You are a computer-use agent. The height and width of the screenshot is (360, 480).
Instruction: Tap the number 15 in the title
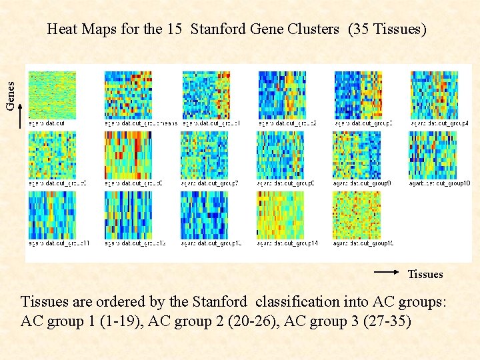click(x=175, y=29)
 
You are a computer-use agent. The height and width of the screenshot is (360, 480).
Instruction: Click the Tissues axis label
click(x=425, y=274)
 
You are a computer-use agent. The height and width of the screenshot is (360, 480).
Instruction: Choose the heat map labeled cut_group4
click(x=434, y=95)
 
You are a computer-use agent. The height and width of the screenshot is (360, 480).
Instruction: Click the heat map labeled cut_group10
click(x=432, y=155)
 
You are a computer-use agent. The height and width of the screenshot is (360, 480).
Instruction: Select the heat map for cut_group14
click(x=280, y=215)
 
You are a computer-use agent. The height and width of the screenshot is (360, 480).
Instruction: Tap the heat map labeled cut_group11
click(x=52, y=215)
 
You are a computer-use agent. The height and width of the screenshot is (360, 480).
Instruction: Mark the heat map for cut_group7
click(x=204, y=155)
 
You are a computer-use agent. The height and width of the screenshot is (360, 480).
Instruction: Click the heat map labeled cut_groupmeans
click(x=127, y=95)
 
